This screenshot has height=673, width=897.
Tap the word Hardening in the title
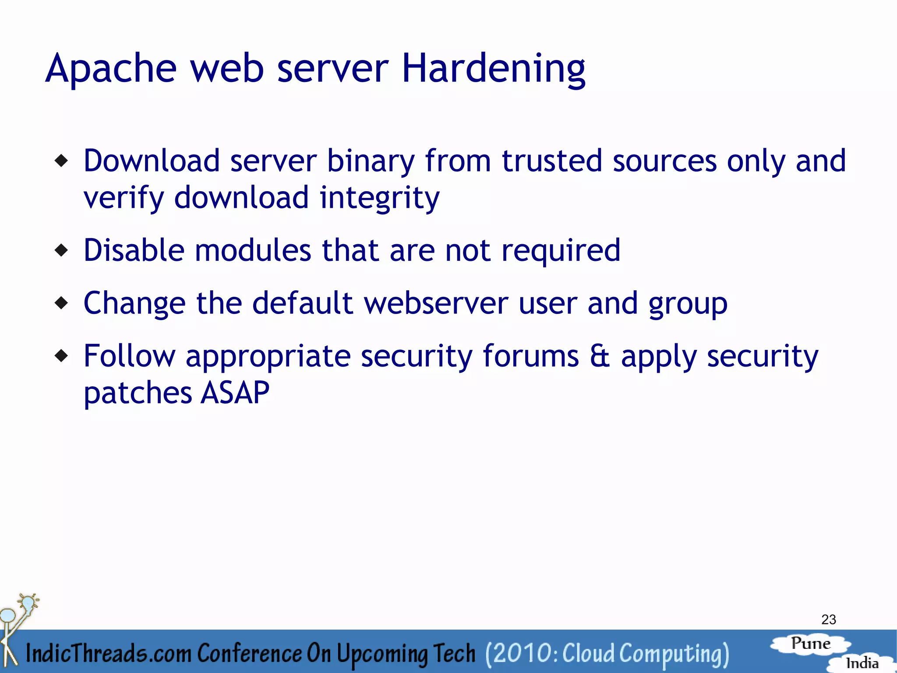[x=494, y=69]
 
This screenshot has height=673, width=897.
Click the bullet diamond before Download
[x=62, y=161]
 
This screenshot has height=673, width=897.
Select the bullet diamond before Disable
[x=62, y=250]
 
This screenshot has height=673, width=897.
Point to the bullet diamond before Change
[x=62, y=303]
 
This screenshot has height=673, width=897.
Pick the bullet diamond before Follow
[x=62, y=356]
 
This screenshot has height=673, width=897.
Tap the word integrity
[x=379, y=199]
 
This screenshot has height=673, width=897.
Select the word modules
[x=253, y=250]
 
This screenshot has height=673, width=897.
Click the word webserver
[x=436, y=303]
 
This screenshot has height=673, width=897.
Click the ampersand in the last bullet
[x=600, y=356]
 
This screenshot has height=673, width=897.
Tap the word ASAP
[x=235, y=392]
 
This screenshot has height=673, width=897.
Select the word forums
[x=531, y=356]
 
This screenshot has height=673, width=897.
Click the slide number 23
[x=829, y=620]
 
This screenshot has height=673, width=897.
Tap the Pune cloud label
[x=811, y=644]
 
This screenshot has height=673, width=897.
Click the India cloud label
[x=862, y=663]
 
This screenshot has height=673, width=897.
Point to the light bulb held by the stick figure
[x=28, y=602]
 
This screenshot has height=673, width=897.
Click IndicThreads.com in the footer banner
[x=109, y=653]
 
